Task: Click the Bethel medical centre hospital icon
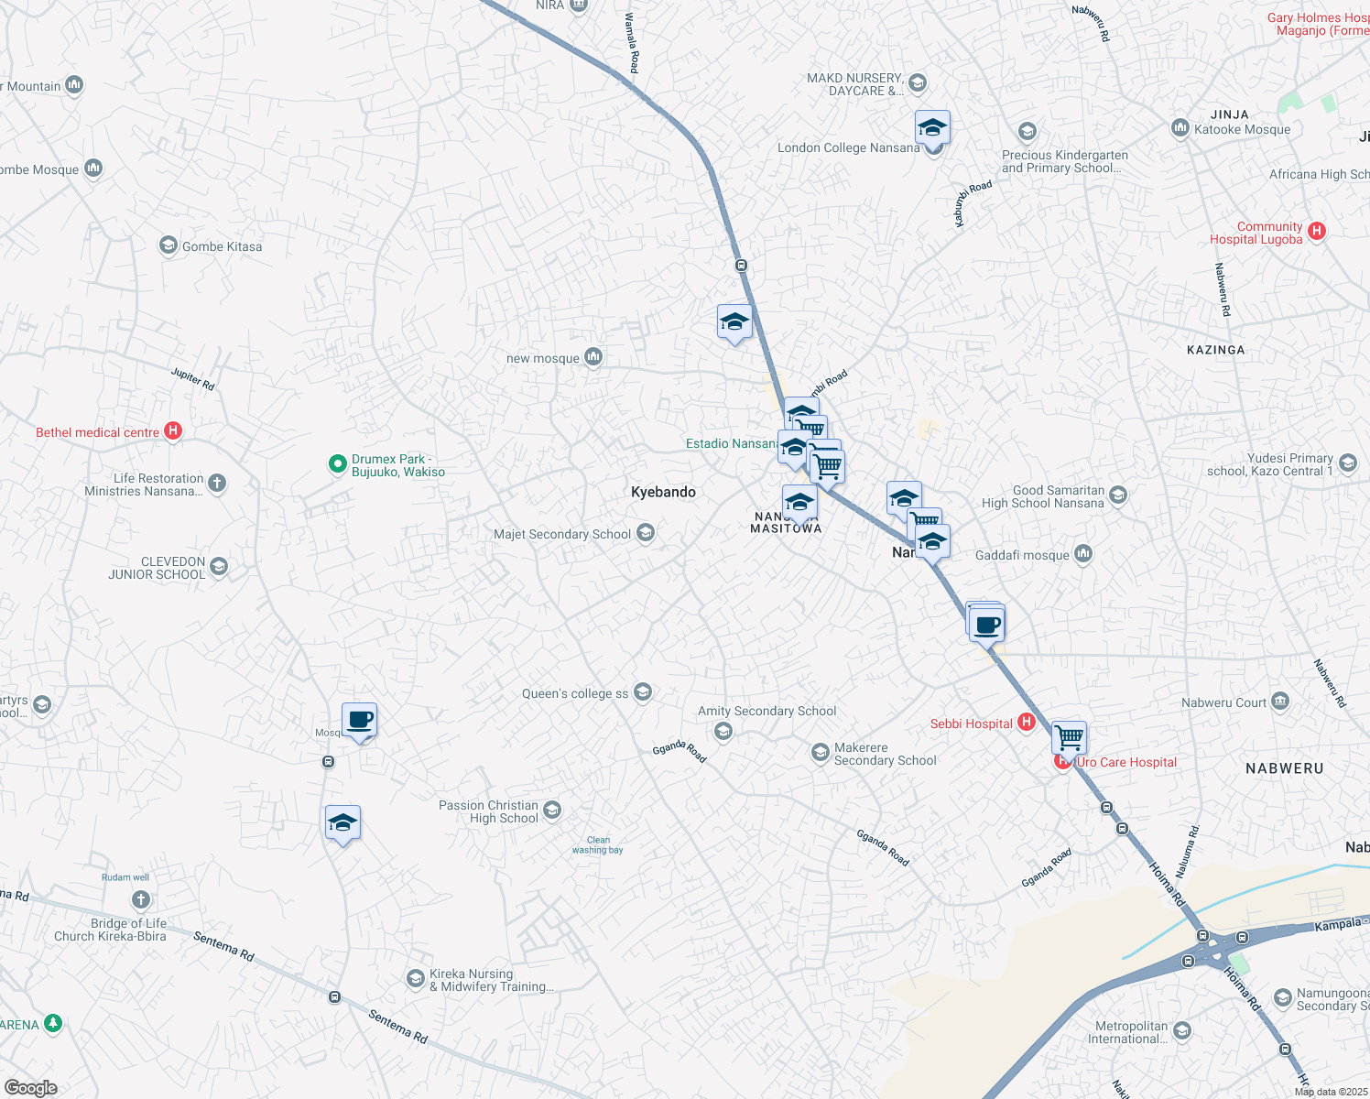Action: (x=172, y=431)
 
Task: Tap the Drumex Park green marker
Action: (x=337, y=464)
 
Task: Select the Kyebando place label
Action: (x=663, y=493)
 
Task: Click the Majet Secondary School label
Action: (x=562, y=534)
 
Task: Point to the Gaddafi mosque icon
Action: (x=1083, y=554)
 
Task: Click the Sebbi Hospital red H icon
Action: (x=1027, y=723)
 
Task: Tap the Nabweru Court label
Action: (x=1223, y=702)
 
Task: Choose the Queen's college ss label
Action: (x=575, y=693)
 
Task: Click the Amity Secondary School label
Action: (x=767, y=711)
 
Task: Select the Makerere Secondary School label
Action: (x=885, y=754)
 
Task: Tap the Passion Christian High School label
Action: (x=489, y=811)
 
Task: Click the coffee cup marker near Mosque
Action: (x=360, y=721)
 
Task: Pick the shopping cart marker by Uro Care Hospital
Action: (x=1069, y=736)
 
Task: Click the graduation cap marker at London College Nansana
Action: (x=932, y=128)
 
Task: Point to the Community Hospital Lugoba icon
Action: (x=1317, y=231)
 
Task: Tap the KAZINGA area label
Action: (x=1215, y=350)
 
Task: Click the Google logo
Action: (x=30, y=1087)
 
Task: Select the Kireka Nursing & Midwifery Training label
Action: (x=492, y=980)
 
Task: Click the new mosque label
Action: (x=542, y=358)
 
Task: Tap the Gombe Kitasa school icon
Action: (x=168, y=245)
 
